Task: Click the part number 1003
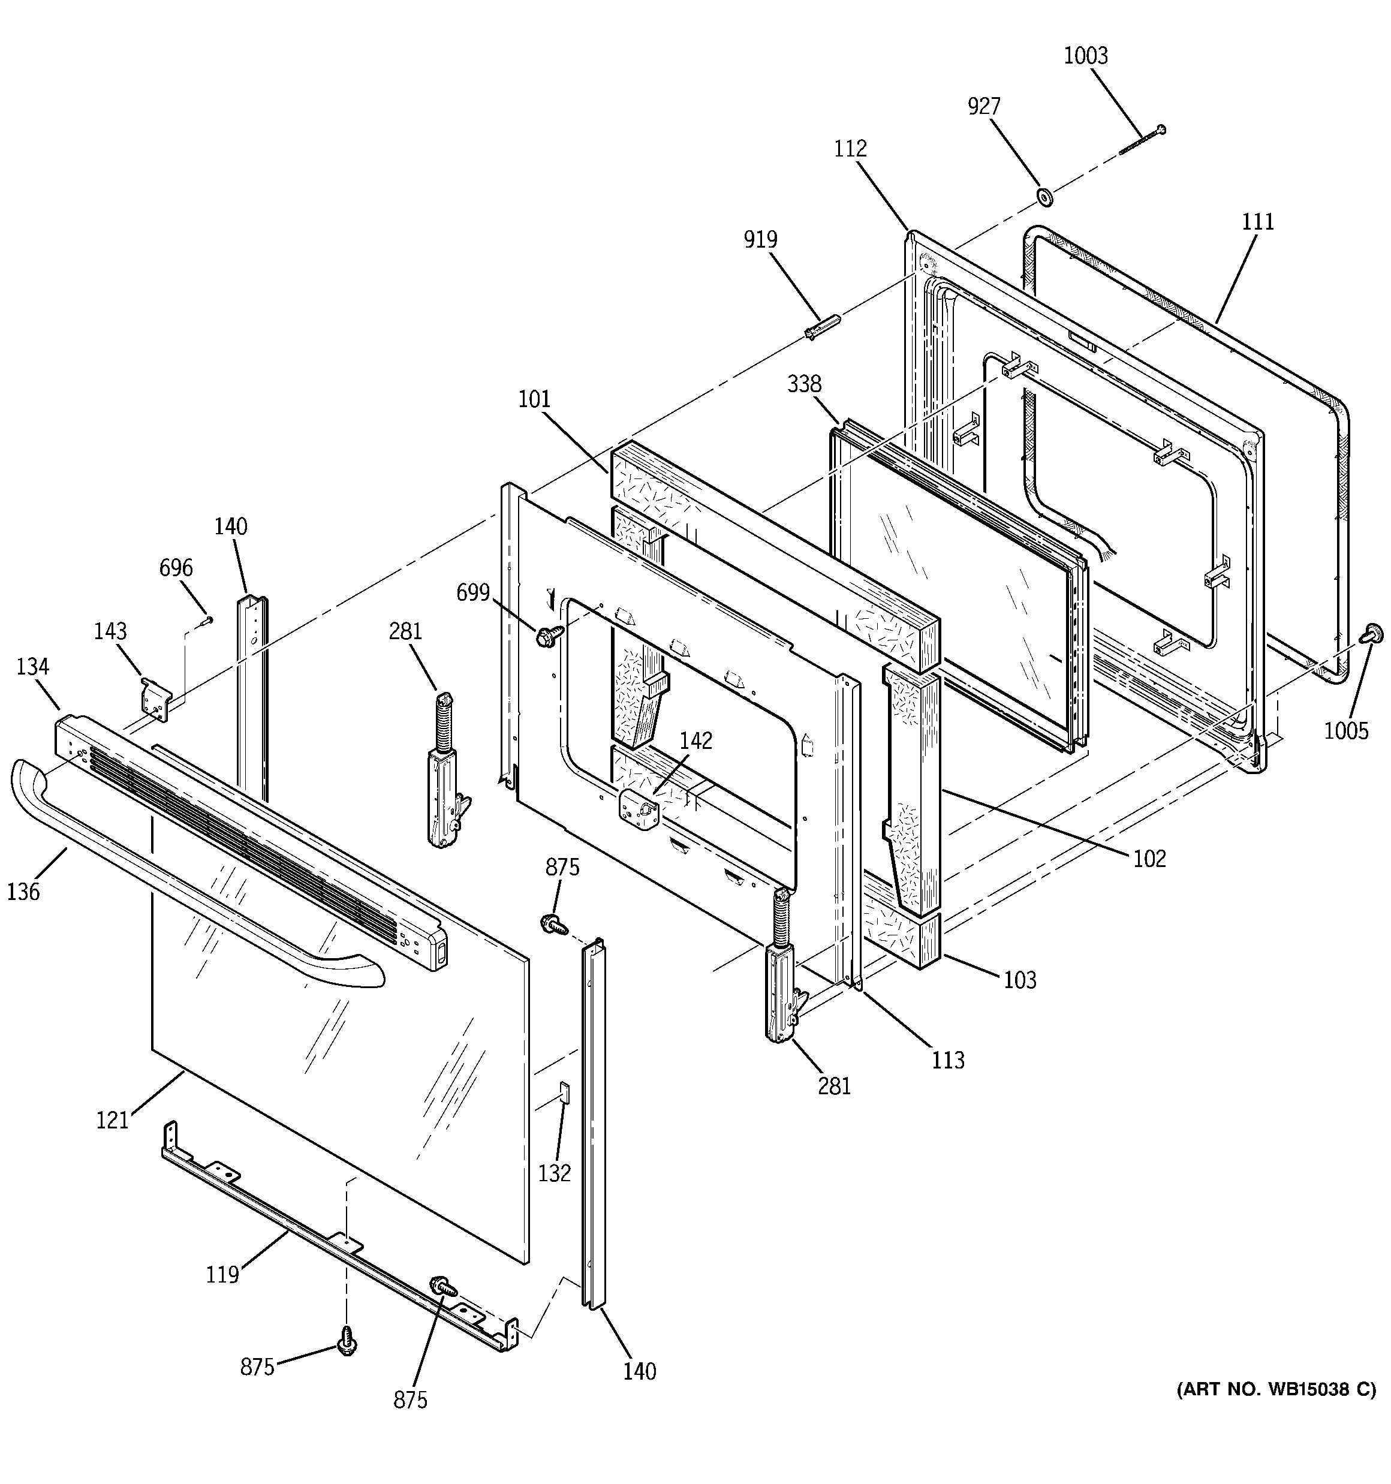(x=1086, y=56)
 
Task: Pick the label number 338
(x=804, y=384)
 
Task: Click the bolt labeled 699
(x=545, y=637)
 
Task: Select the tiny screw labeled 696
(x=207, y=619)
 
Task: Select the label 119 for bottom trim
(x=222, y=1274)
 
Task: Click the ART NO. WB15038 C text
(x=1276, y=1389)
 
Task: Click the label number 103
(x=1020, y=979)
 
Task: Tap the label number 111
(x=1258, y=222)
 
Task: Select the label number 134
(x=33, y=666)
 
